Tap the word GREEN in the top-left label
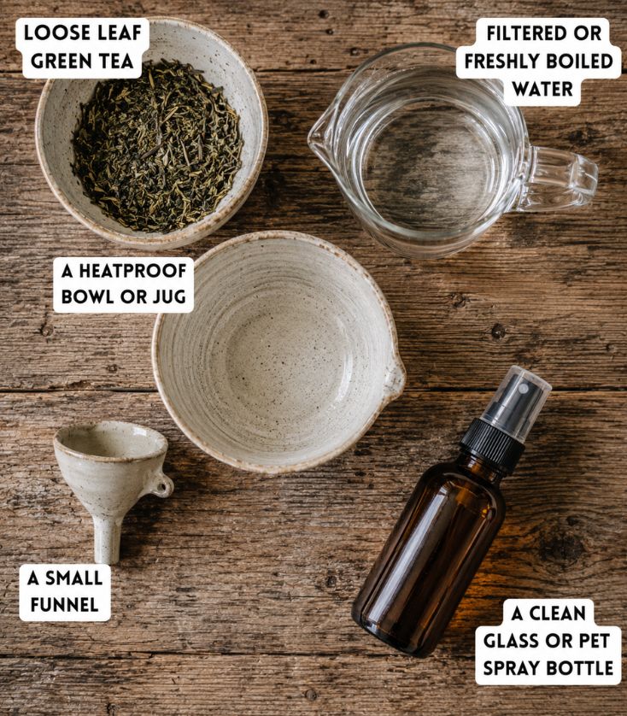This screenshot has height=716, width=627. pos(56,62)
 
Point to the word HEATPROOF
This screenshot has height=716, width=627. pos(132,271)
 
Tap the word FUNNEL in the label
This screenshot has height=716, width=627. pos(64,605)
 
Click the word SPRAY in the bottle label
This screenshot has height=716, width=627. pos(512,668)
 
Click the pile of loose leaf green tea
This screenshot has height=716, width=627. pos(156,146)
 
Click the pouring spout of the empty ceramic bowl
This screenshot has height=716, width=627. pos(394,377)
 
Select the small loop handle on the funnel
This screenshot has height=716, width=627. pos(162,485)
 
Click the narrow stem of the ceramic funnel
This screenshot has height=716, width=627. pos(108,539)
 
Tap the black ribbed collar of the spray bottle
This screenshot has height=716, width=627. pos(492,446)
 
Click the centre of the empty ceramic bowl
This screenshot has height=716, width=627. pos(279,353)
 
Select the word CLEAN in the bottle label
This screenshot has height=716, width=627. pos(557,613)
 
